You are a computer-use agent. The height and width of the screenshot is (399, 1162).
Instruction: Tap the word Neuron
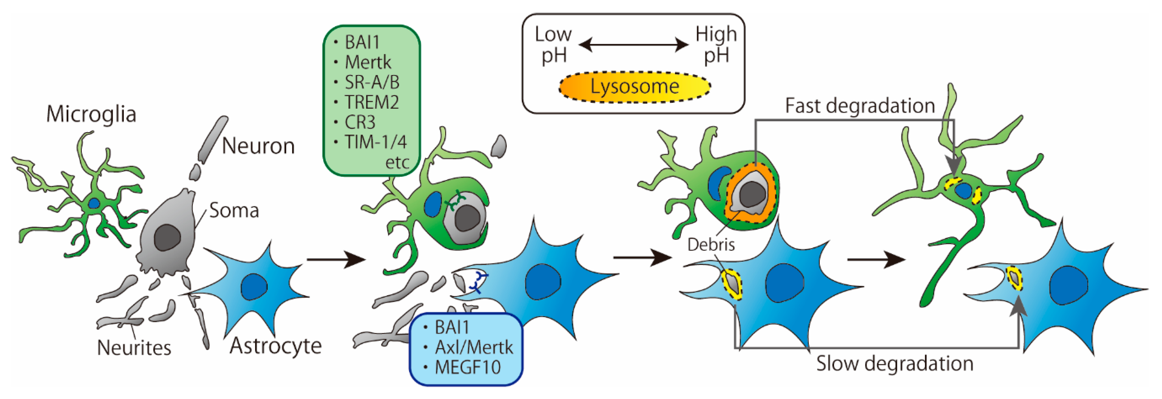coord(258,146)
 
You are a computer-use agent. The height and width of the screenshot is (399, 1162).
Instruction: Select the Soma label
coord(234,210)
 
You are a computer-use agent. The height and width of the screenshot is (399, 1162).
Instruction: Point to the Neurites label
coord(134,347)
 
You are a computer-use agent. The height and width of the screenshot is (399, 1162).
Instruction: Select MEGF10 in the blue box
coord(467,367)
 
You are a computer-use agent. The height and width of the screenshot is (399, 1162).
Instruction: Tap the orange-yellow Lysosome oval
coord(635,86)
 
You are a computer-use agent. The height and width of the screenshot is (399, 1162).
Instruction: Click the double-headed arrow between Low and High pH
coord(633,45)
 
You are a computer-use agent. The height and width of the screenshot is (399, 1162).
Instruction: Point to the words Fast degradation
coord(860,106)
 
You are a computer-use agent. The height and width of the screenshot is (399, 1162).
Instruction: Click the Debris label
coord(711,245)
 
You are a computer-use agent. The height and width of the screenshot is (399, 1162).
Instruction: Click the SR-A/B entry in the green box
coord(372,82)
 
